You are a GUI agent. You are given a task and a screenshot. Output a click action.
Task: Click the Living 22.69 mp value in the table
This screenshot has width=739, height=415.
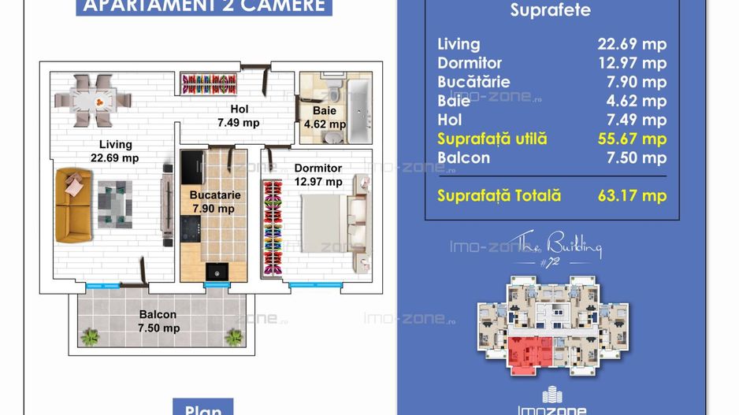click(631, 44)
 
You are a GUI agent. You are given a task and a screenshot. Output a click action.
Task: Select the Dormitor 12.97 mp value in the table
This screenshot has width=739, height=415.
click(631, 63)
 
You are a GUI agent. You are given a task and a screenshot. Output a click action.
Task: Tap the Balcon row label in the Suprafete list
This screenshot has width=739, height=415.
click(463, 157)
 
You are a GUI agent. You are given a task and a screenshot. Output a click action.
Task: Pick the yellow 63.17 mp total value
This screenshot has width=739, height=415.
click(631, 196)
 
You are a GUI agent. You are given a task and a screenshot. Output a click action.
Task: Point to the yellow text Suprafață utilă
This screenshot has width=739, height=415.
click(492, 139)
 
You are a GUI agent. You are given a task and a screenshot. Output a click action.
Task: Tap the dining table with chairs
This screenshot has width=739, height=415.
click(93, 100)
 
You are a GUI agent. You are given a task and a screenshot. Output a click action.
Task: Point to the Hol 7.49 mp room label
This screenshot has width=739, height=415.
click(239, 117)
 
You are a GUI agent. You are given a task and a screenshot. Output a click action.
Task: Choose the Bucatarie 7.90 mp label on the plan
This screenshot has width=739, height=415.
click(214, 202)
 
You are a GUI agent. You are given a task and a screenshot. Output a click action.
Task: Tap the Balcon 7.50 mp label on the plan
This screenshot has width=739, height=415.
click(158, 321)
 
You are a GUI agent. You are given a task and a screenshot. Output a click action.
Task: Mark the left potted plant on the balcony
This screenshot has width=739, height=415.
click(90, 336)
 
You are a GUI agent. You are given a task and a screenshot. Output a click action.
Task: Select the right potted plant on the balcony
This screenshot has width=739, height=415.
click(233, 336)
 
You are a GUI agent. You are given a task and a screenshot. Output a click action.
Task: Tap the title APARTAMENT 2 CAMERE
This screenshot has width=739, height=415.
click(204, 6)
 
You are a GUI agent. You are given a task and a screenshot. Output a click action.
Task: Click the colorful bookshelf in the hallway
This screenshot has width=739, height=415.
click(209, 82)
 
